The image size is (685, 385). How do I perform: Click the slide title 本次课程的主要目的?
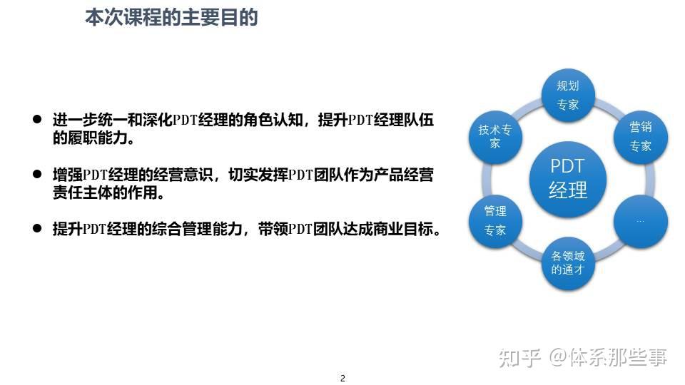click(171, 17)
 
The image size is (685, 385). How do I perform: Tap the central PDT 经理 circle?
click(568, 178)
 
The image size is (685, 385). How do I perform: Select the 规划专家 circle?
click(568, 95)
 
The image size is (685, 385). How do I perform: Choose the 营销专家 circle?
click(640, 136)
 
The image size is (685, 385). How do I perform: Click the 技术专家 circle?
click(495, 136)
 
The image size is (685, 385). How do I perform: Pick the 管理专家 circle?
click(495, 220)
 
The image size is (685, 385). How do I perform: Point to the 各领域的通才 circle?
click(568, 262)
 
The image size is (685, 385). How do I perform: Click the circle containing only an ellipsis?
click(640, 220)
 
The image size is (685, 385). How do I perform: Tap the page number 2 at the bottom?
click(342, 378)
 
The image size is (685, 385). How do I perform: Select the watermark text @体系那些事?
click(608, 357)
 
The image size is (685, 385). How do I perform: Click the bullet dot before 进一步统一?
click(37, 120)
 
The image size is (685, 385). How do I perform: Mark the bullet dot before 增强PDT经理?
click(37, 175)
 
